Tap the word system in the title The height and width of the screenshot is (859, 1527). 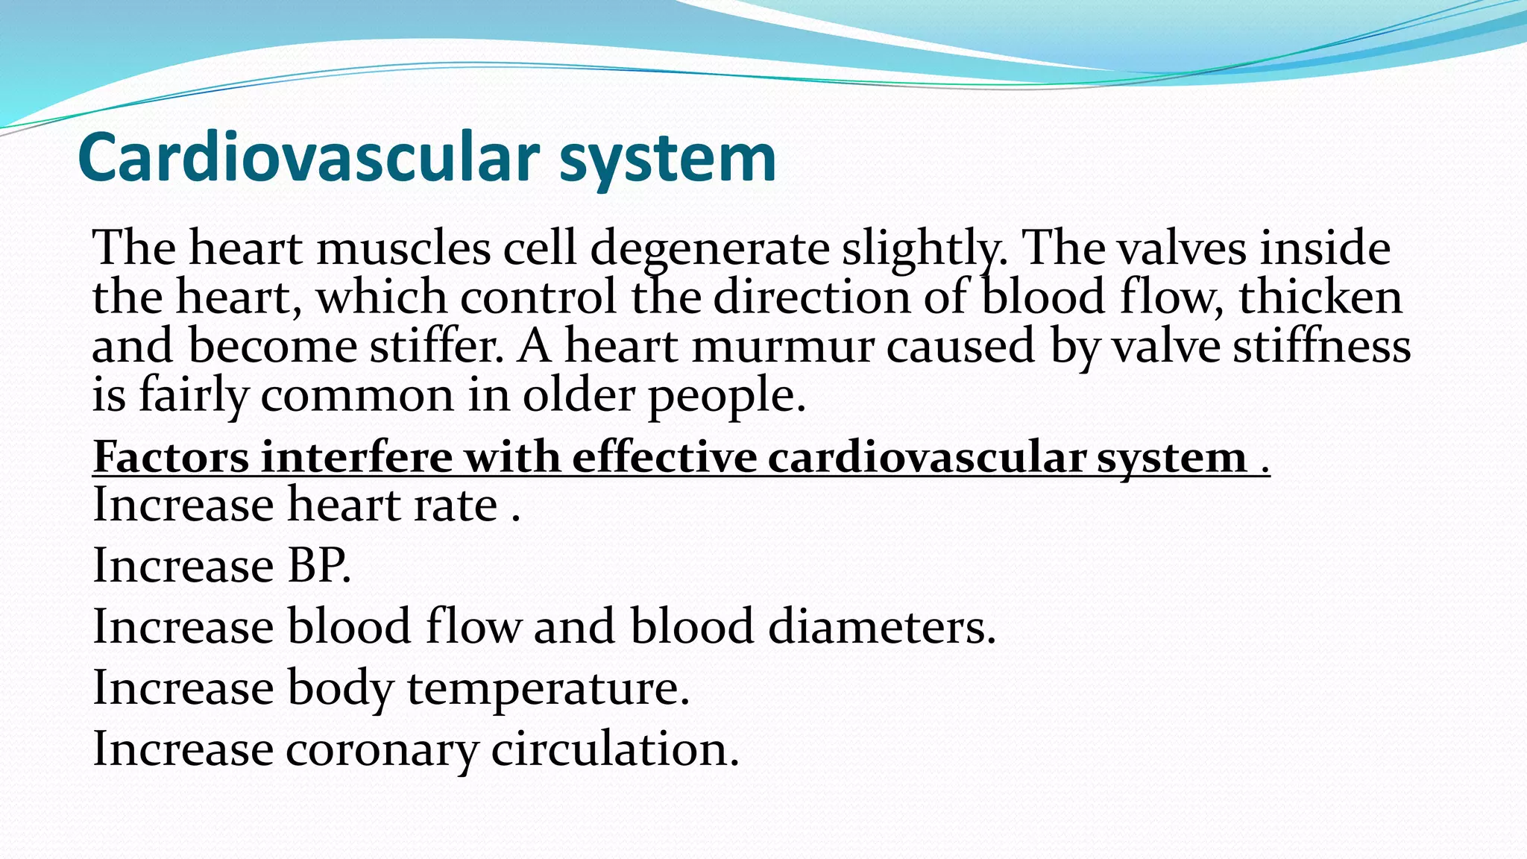point(667,158)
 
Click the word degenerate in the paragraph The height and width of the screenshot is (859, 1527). point(710,249)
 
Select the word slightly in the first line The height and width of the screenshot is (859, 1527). point(925,249)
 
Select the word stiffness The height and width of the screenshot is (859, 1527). point(1321,347)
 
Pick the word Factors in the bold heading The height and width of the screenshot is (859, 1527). point(171,457)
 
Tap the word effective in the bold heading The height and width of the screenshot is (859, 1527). point(664,457)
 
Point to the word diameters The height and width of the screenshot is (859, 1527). point(881,626)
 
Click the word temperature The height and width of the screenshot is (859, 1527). point(547,687)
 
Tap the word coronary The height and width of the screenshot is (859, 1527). point(381,749)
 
